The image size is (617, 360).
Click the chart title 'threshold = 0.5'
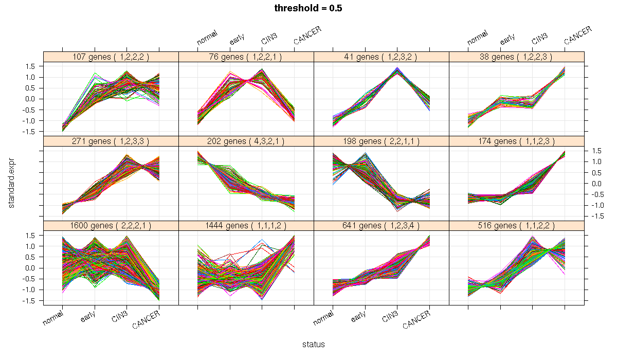pyautogui.click(x=308, y=8)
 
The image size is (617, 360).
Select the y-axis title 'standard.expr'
pyautogui.click(x=11, y=183)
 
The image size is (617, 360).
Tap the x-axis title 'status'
pyautogui.click(x=313, y=345)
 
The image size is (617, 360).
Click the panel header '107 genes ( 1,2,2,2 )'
pyautogui.click(x=111, y=57)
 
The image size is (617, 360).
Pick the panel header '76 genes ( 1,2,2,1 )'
pyautogui.click(x=246, y=57)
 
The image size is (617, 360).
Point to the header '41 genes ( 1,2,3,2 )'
pyautogui.click(x=381, y=57)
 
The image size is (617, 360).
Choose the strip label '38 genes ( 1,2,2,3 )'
pyautogui.click(x=516, y=57)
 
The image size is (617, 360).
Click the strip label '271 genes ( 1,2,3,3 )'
pyautogui.click(x=111, y=141)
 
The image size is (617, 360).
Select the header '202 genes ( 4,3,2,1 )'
pyautogui.click(x=246, y=141)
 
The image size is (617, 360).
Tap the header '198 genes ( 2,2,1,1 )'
pyautogui.click(x=381, y=141)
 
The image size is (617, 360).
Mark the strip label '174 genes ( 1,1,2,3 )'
pyautogui.click(x=516, y=141)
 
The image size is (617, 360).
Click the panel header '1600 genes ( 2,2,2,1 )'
pyautogui.click(x=111, y=226)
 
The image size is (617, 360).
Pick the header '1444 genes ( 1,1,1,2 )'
pyautogui.click(x=246, y=226)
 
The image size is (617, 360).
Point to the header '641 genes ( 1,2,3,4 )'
pyautogui.click(x=381, y=226)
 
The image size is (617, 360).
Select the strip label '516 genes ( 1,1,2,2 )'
pyautogui.click(x=516, y=226)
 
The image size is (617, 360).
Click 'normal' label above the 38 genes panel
pyautogui.click(x=478, y=39)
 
